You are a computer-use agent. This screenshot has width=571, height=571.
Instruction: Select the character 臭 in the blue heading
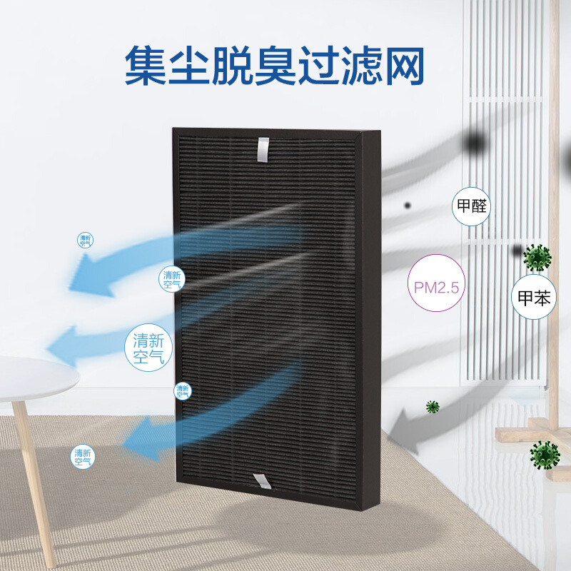(x=276, y=66)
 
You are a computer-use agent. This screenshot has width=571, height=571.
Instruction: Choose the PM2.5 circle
(x=435, y=283)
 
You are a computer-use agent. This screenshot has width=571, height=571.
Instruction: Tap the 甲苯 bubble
(x=533, y=299)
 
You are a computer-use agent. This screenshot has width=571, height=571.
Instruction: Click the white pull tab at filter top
(x=263, y=148)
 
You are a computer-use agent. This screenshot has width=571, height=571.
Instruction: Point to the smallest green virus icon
(x=433, y=407)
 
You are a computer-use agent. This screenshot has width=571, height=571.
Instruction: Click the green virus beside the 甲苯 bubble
(x=537, y=257)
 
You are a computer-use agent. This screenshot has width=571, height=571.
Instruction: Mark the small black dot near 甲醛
(x=408, y=205)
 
